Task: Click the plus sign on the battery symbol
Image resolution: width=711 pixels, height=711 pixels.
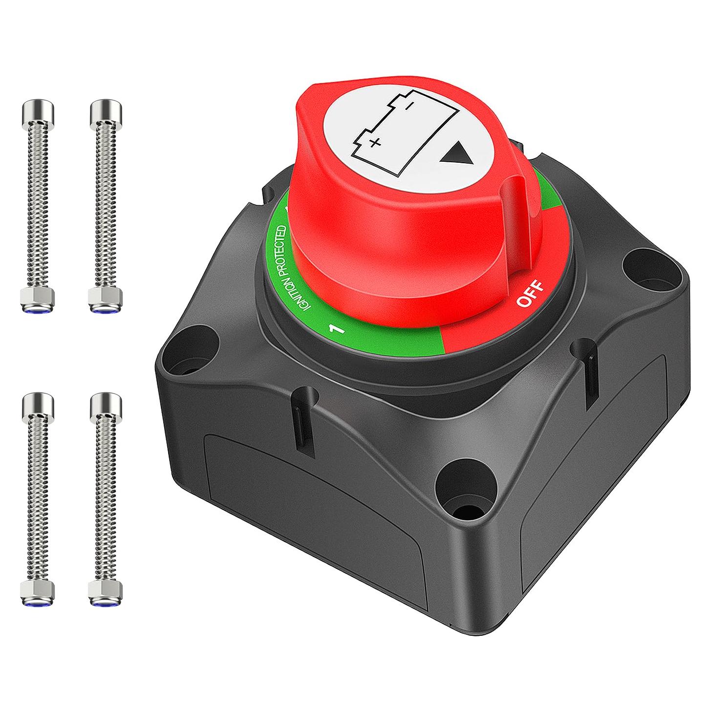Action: (375, 143)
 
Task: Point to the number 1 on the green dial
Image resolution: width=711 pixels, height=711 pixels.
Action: (337, 329)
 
